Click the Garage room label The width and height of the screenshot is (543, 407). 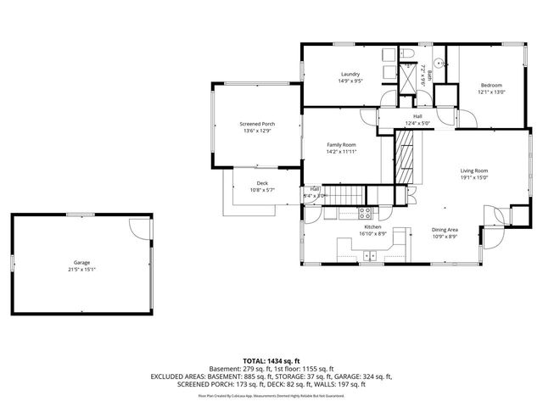tap(81, 263)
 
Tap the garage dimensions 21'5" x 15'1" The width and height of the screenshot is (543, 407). tap(81, 270)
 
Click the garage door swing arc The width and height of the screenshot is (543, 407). tap(137, 226)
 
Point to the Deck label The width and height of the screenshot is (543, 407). tap(262, 183)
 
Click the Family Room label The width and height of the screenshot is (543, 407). tap(341, 145)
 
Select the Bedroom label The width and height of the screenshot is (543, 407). tap(491, 85)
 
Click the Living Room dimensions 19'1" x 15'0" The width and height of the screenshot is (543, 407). tap(474, 177)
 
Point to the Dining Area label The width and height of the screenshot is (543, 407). tap(445, 230)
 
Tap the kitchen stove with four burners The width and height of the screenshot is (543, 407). tap(367, 213)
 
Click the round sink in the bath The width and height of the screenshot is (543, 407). tap(439, 62)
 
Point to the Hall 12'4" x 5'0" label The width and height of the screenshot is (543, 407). tap(417, 120)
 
